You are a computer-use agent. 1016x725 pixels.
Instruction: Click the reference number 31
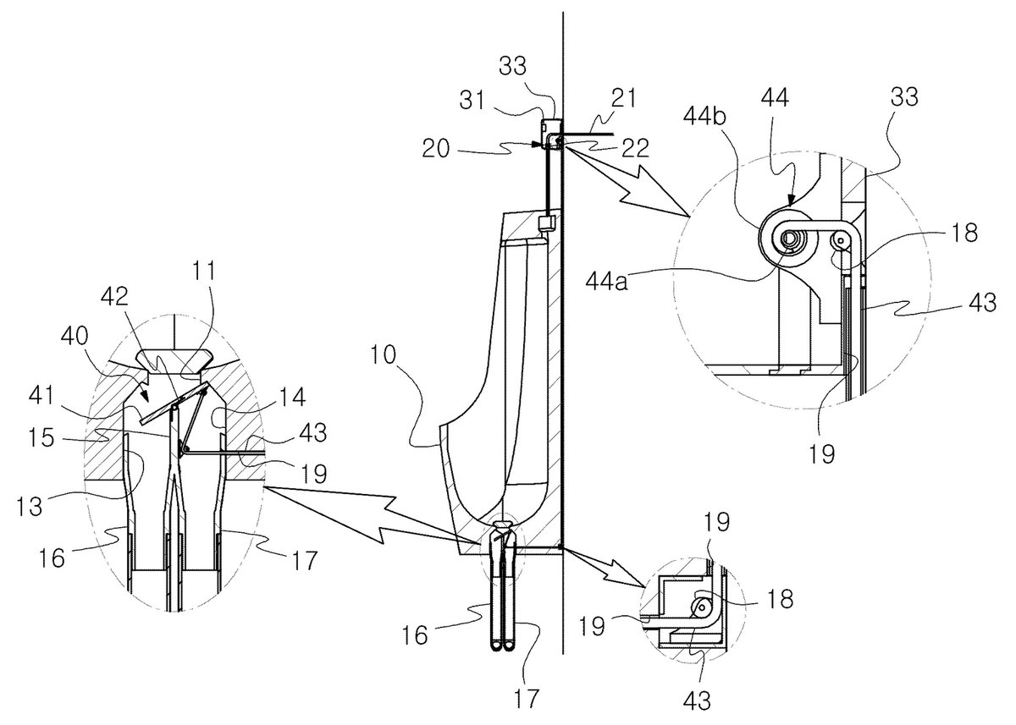coord(472,100)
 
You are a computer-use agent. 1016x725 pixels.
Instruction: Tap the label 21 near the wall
coord(623,98)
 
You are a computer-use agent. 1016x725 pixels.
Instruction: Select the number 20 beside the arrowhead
coord(435,149)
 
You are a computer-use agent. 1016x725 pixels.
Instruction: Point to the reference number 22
coord(635,148)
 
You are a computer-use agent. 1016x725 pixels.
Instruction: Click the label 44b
coord(704,116)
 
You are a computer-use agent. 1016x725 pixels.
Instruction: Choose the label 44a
coord(606,282)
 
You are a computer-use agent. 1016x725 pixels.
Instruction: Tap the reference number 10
coord(384,354)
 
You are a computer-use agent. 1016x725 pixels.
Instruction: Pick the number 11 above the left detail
coord(204,272)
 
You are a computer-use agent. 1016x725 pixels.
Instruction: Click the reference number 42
coord(114,297)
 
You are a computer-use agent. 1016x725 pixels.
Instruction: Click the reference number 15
coord(41,438)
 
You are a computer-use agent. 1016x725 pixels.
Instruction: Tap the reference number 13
coord(29,506)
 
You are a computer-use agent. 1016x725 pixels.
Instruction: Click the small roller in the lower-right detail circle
coord(701,606)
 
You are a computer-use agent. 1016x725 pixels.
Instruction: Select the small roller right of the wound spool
coord(841,239)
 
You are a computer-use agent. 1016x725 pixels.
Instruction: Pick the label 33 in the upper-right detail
coord(904,97)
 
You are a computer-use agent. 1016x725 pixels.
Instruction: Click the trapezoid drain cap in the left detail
coord(174,360)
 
